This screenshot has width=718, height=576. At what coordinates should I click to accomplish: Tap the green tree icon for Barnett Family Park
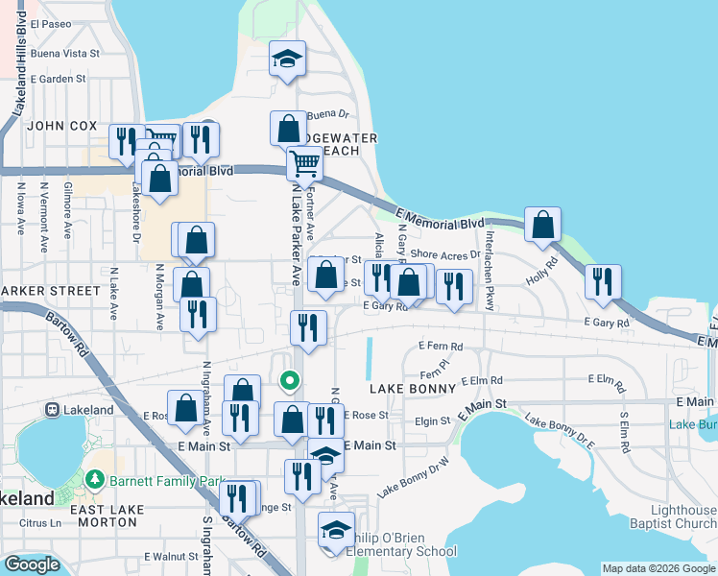click(94, 478)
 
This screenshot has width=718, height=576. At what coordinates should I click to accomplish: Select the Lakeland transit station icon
click(54, 410)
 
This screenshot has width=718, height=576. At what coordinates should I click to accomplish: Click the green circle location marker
click(287, 381)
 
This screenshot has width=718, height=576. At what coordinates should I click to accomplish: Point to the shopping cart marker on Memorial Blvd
click(304, 164)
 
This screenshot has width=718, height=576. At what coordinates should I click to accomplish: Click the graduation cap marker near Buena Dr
click(287, 59)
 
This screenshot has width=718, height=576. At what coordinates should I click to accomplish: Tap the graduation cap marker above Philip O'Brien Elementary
click(336, 530)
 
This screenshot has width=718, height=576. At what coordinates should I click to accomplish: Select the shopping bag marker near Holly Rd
click(543, 225)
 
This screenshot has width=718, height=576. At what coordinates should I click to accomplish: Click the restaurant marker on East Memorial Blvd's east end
click(603, 281)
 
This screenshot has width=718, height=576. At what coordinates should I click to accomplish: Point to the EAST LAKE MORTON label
click(108, 516)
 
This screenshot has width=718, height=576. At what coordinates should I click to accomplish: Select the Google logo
click(32, 564)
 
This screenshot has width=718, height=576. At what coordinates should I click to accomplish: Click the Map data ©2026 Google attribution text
click(658, 568)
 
